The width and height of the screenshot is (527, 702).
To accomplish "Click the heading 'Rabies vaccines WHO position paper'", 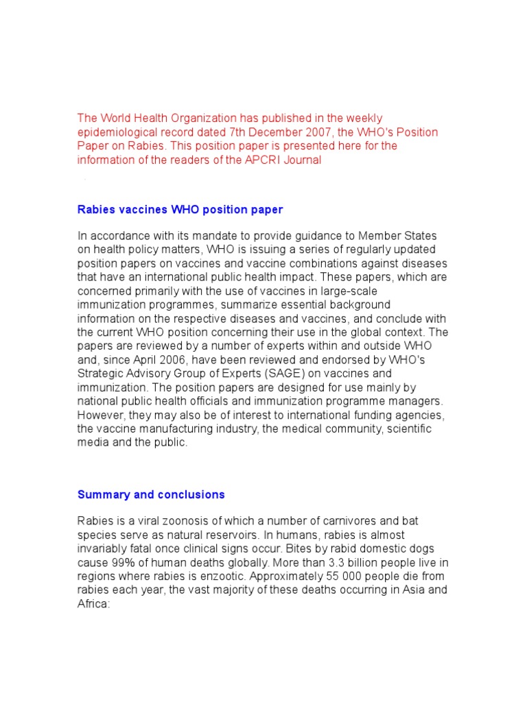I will [180, 210].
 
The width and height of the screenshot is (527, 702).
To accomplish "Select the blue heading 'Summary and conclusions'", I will [151, 494].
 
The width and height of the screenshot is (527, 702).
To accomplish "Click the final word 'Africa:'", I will [93, 603].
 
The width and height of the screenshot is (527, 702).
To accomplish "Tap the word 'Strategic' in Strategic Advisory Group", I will [100, 374].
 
